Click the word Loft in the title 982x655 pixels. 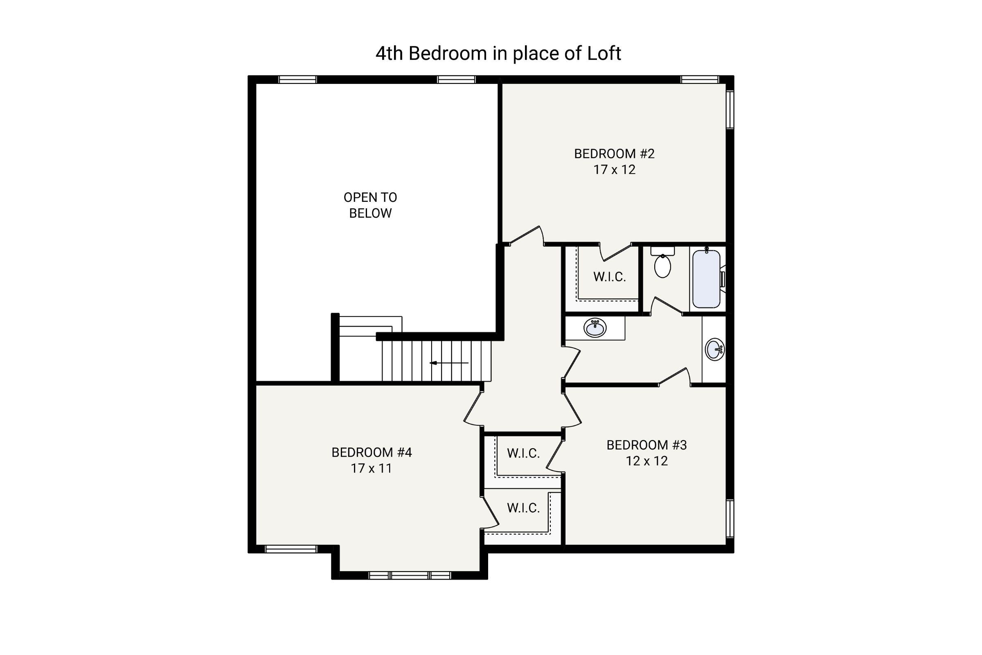tap(604, 54)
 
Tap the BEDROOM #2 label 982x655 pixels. tap(614, 154)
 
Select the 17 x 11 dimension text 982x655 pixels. tap(371, 468)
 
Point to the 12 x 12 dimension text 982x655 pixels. tap(647, 461)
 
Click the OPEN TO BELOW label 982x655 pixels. tap(370, 205)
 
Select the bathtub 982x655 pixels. tap(707, 279)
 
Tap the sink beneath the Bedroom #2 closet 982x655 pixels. tap(595, 327)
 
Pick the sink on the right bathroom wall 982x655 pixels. tap(714, 349)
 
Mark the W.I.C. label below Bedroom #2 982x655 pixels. tap(610, 277)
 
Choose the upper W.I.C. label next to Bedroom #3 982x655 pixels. tap(524, 453)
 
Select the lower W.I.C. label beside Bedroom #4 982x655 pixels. tap(524, 508)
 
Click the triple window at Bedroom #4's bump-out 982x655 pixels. tap(410, 576)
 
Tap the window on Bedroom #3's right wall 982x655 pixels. tap(730, 518)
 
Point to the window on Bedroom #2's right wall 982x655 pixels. tap(730, 110)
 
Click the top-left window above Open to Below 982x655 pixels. tap(298, 79)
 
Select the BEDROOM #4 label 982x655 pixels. tap(372, 452)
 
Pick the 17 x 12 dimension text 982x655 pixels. tap(614, 169)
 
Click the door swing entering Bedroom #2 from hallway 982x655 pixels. tap(527, 236)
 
